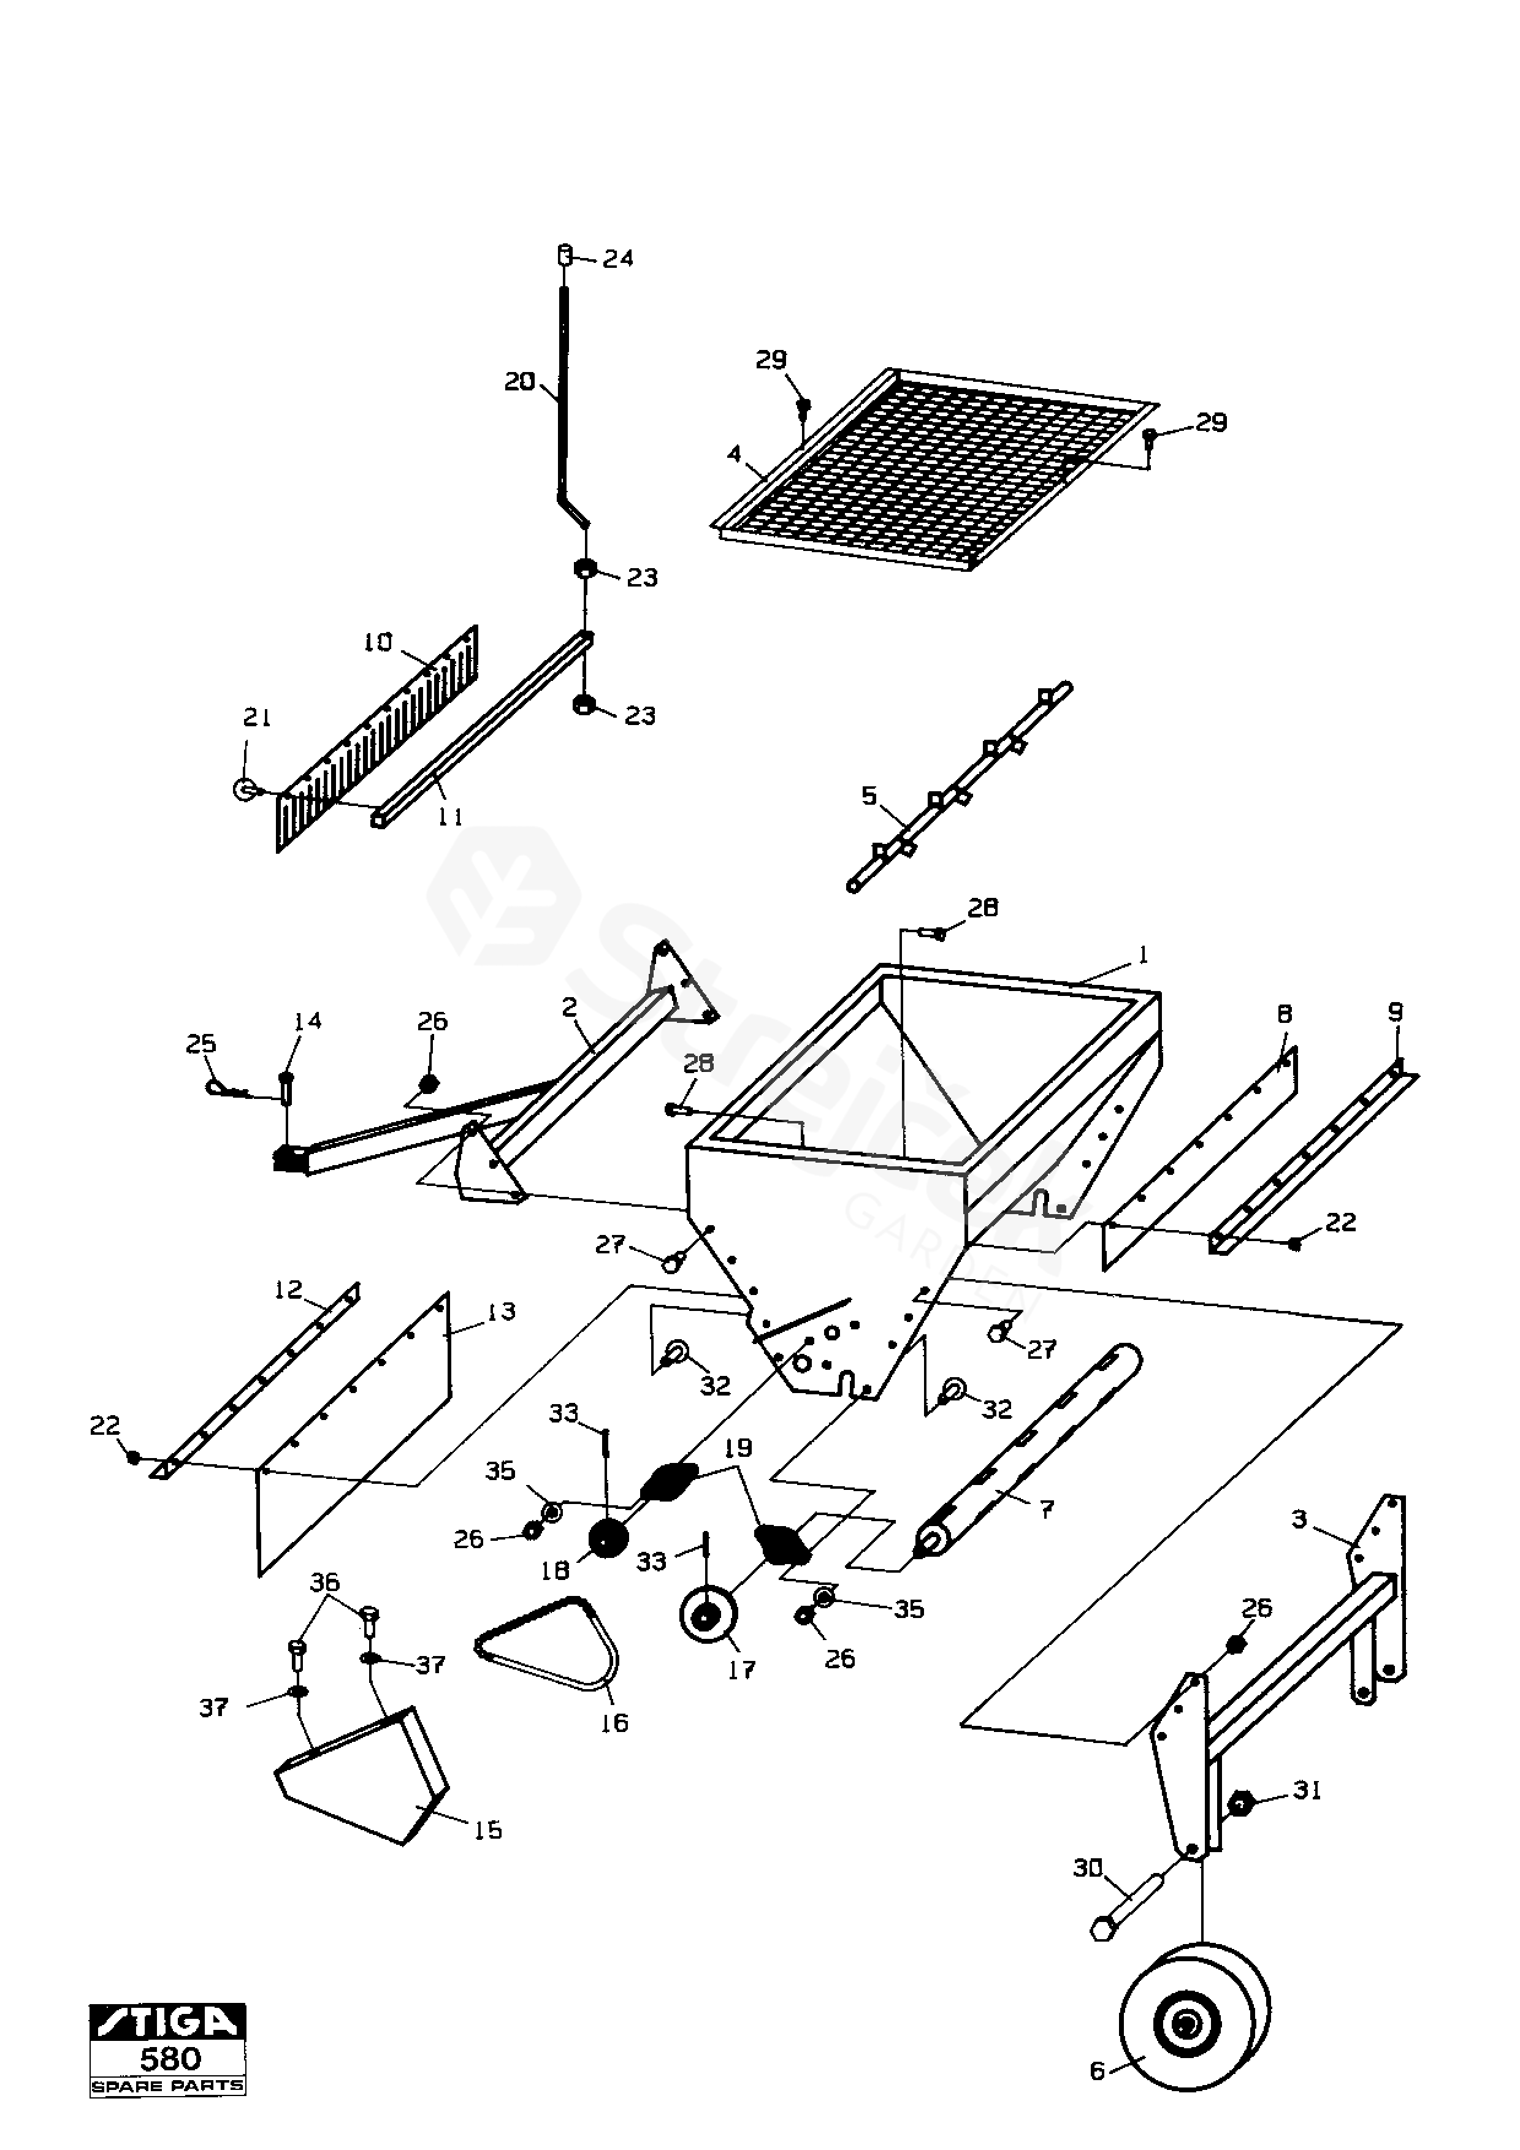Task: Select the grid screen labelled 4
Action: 936,468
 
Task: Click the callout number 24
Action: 617,259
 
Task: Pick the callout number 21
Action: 257,717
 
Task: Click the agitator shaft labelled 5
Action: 960,786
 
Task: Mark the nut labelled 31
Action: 1241,1802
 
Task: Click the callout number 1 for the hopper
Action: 1142,955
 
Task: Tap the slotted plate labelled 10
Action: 380,740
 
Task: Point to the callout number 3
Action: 1299,1519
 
